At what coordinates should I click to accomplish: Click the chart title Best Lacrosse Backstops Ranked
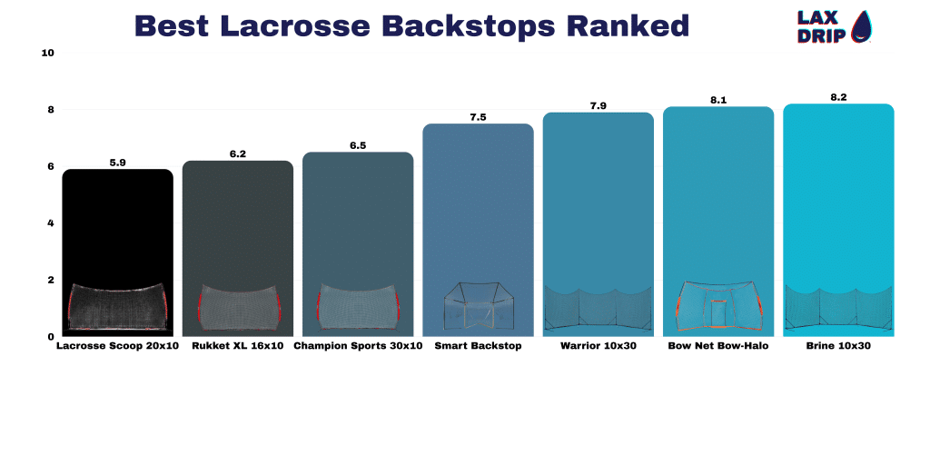411,26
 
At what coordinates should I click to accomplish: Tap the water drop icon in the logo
861,27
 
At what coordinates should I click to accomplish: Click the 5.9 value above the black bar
117,163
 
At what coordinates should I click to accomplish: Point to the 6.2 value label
238,154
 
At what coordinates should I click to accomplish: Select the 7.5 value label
478,117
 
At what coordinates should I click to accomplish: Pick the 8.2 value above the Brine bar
838,97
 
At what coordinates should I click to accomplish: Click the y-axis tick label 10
48,53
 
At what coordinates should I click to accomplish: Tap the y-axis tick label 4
51,223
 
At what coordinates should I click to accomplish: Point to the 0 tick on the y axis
51,336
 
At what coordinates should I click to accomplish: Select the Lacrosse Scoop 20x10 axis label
117,346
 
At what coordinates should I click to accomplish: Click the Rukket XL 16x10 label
238,346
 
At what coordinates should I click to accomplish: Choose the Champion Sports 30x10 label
358,346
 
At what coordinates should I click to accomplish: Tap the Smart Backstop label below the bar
478,346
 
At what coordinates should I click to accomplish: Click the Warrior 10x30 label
598,346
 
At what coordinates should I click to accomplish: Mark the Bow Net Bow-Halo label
718,346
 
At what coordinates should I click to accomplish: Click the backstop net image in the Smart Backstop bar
478,305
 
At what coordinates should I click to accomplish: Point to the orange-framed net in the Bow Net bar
718,305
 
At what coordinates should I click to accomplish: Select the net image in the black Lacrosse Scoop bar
117,307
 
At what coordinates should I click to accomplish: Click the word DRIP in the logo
821,35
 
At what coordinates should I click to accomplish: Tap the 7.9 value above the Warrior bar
598,106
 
